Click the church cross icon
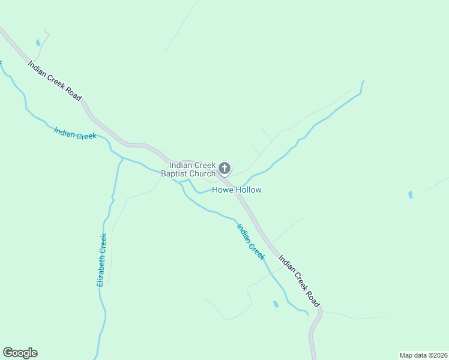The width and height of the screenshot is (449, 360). click(224, 169)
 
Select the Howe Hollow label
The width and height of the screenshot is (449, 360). click(237, 190)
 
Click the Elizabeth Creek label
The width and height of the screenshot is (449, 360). click(102, 259)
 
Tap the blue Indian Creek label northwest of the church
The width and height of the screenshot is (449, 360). click(75, 133)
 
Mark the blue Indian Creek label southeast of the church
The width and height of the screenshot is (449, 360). click(251, 241)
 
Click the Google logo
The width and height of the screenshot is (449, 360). click(20, 353)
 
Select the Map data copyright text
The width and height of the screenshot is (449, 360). click(423, 355)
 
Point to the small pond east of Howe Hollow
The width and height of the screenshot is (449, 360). click(411, 195)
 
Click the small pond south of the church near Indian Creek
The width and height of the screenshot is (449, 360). click(276, 304)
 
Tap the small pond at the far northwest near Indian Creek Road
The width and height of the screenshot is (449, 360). click(38, 43)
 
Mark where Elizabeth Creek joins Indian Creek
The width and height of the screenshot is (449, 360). click(122, 158)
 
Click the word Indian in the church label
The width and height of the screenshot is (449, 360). click(180, 165)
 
